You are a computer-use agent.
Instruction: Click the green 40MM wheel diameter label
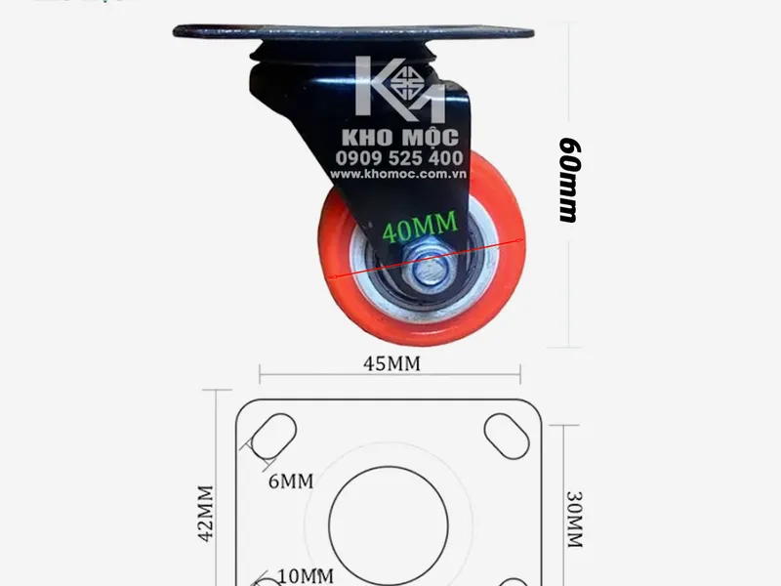coord(420,227)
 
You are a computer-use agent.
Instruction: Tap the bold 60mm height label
coord(569,180)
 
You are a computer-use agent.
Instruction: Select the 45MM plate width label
coord(391,363)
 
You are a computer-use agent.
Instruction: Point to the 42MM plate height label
coord(206,514)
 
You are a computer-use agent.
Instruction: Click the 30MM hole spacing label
coord(574,520)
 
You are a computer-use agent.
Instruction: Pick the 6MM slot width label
coord(291,481)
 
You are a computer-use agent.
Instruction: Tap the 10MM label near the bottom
coord(306,576)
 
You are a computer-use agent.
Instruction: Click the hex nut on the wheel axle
coord(429,271)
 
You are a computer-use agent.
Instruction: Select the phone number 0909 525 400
coord(399,158)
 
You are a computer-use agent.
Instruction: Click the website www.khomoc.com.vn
coord(398,174)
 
